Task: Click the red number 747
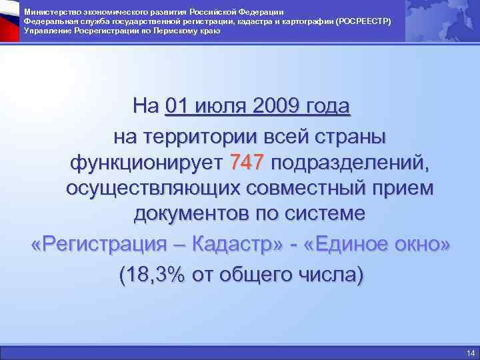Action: pos(247,161)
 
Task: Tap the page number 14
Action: pos(471,353)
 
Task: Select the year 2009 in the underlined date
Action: pos(276,105)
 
